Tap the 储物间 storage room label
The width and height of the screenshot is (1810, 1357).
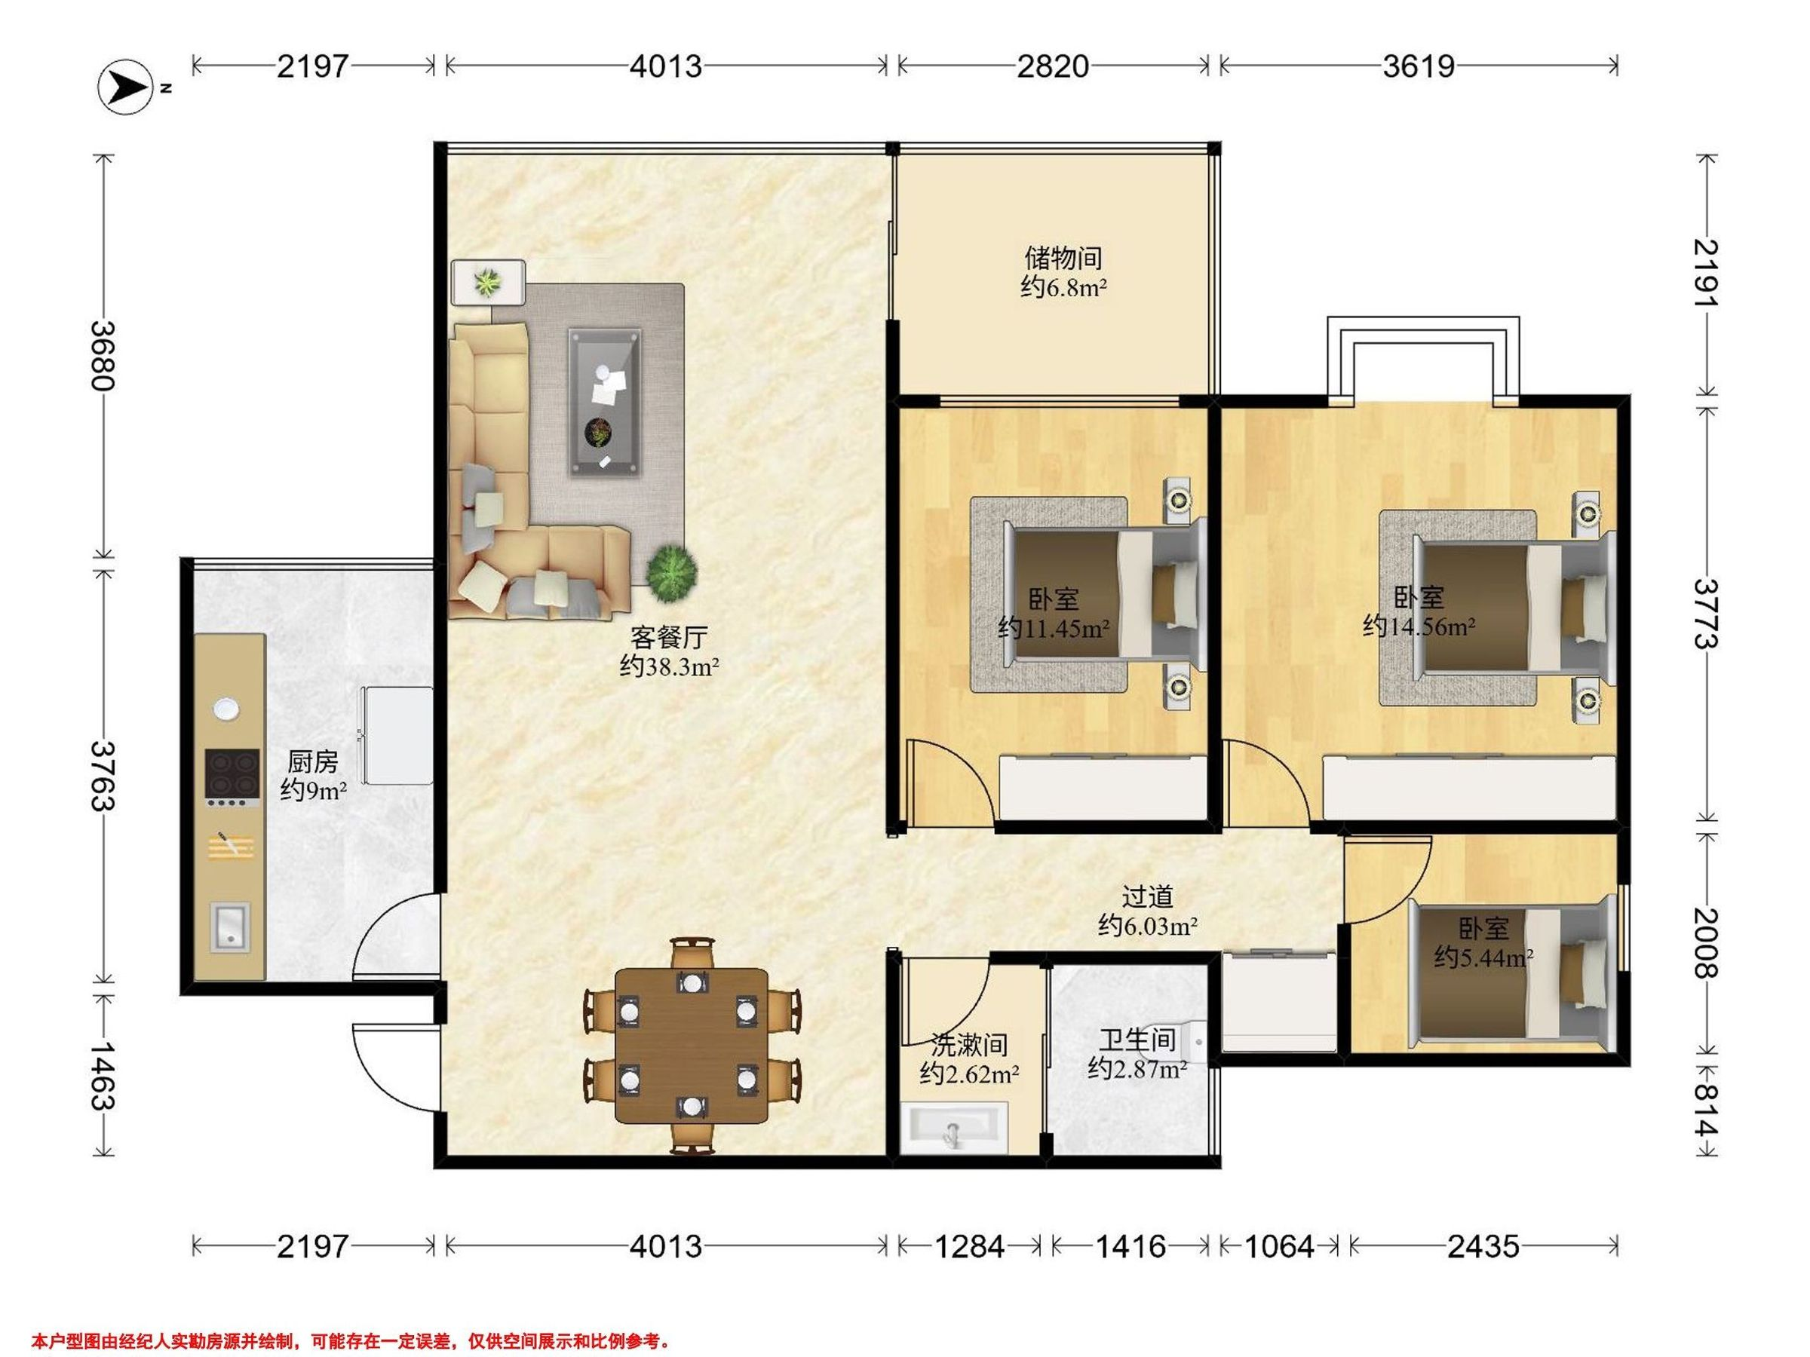1063,259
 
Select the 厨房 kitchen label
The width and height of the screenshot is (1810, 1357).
312,762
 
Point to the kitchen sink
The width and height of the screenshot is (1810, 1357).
230,927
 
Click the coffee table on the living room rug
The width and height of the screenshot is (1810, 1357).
605,402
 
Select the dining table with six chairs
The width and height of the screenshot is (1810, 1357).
692,1046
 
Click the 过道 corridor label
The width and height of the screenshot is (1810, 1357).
1147,897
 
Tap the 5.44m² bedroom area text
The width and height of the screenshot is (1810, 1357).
1483,957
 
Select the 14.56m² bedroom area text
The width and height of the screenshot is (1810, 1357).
1419,627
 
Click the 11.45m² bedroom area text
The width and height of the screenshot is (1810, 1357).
1054,629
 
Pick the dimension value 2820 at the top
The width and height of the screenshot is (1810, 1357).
1053,66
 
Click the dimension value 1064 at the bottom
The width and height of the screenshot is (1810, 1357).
1279,1247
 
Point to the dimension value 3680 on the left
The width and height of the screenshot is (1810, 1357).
103,356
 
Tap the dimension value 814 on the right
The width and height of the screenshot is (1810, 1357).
1705,1110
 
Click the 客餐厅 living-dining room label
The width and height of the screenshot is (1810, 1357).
668,637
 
